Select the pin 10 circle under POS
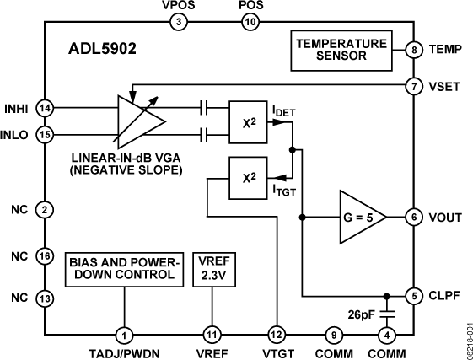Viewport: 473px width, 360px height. (x=250, y=23)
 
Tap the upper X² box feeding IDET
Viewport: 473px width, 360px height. (x=250, y=121)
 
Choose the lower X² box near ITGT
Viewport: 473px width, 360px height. (x=250, y=179)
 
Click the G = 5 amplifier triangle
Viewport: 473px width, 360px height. (x=361, y=217)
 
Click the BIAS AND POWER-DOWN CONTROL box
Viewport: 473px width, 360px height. (x=125, y=268)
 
